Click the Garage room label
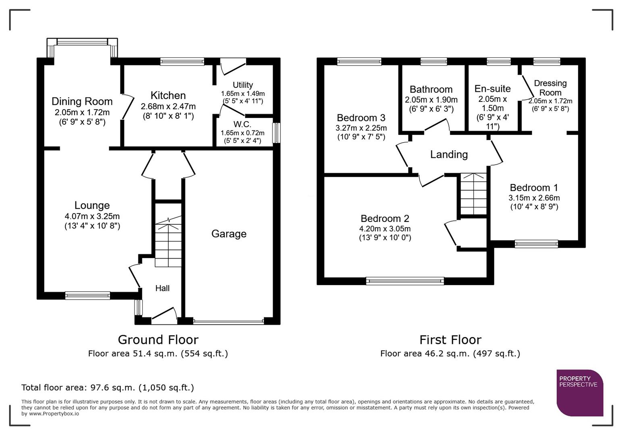[x=229, y=234]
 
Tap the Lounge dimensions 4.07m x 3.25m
[x=92, y=216]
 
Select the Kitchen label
[x=168, y=95]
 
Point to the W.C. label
[x=242, y=124]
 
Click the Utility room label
[x=243, y=85]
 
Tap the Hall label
[x=162, y=288]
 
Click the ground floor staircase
[x=168, y=242]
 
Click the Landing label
[x=449, y=155]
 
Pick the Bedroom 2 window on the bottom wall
[x=405, y=281]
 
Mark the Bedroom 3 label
[x=361, y=118]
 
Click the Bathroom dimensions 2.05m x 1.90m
[x=431, y=99]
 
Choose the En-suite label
[x=492, y=89]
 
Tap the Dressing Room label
[x=550, y=88]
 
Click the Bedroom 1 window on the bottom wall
[x=536, y=243]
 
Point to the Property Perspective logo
[x=579, y=392]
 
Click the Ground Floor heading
[x=158, y=340]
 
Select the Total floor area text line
[x=108, y=387]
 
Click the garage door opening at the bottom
[x=228, y=321]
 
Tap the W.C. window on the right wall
[x=276, y=133]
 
